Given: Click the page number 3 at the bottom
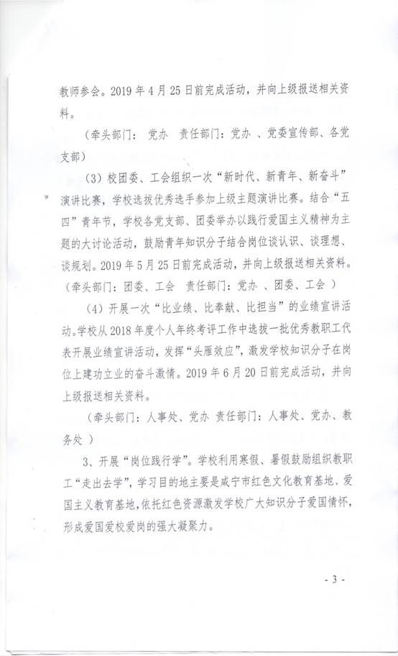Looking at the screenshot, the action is click(x=335, y=579).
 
